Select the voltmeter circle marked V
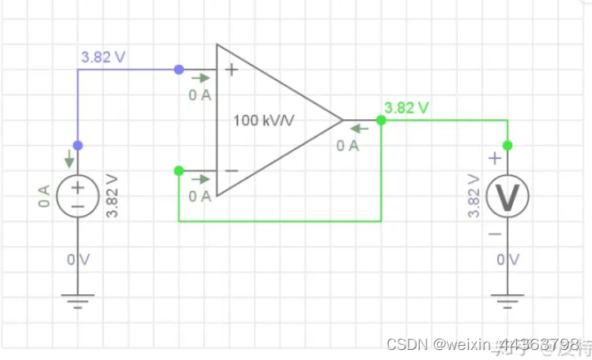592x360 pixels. [x=507, y=197]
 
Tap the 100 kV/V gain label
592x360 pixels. [x=268, y=120]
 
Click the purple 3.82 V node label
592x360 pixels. [x=103, y=57]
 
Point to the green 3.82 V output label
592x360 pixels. [x=407, y=107]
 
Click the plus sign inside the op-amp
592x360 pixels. [x=232, y=70]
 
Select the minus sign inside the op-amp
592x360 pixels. [x=232, y=171]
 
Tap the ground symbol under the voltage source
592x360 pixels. [x=77, y=301]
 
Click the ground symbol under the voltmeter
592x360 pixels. [x=507, y=301]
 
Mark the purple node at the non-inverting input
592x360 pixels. [x=179, y=70]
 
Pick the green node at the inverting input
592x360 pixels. [x=179, y=171]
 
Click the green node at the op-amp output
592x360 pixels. [x=381, y=121]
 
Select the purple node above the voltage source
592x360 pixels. [x=77, y=145]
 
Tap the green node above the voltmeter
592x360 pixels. [x=507, y=145]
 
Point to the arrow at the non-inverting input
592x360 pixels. [x=201, y=78]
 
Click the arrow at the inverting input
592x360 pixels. [x=201, y=178]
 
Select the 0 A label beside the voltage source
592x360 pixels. [x=45, y=197]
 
